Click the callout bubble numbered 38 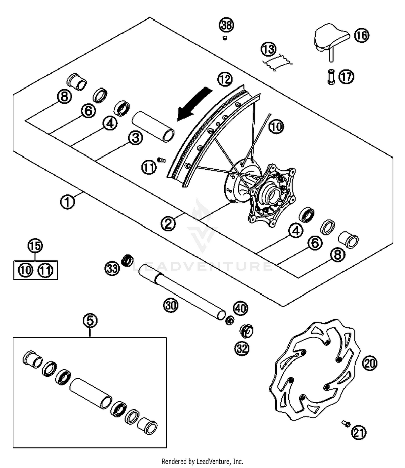tap(226, 25)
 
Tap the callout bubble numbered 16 tap(361, 35)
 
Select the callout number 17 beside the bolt tap(346, 77)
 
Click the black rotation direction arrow tap(194, 104)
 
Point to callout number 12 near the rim tap(225, 79)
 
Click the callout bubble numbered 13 tap(268, 49)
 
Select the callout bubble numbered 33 tap(112, 268)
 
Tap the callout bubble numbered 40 tap(240, 308)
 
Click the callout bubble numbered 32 tap(242, 349)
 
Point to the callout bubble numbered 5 tap(90, 320)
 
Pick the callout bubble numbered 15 tap(35, 246)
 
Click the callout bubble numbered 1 tap(67, 201)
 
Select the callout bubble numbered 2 tap(168, 224)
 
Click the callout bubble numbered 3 tap(135, 138)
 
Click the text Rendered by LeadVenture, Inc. tap(202, 461)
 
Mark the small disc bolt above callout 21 tap(346, 424)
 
